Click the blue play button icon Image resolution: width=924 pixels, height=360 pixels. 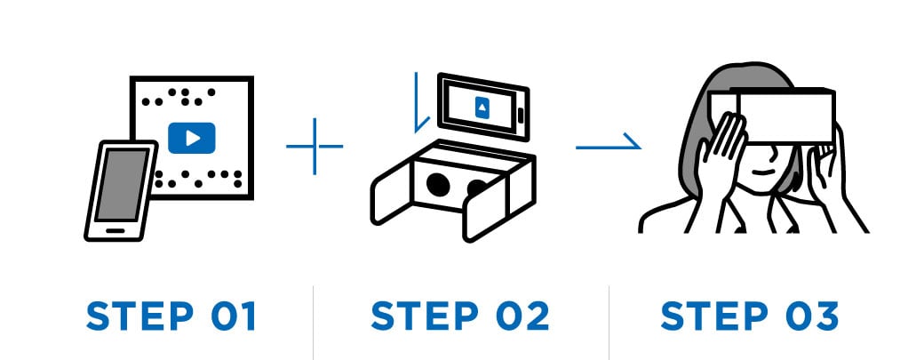click(x=192, y=137)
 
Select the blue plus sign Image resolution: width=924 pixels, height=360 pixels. click(x=315, y=144)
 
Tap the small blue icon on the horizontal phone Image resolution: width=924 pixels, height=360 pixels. click(x=481, y=108)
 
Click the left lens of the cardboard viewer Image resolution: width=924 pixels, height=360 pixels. click(x=437, y=184)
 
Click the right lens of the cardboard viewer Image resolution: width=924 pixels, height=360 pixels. click(x=478, y=188)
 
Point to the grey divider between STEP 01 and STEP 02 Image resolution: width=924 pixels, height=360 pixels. click(x=314, y=320)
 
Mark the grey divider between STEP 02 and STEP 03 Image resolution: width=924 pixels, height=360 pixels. click(x=609, y=320)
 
